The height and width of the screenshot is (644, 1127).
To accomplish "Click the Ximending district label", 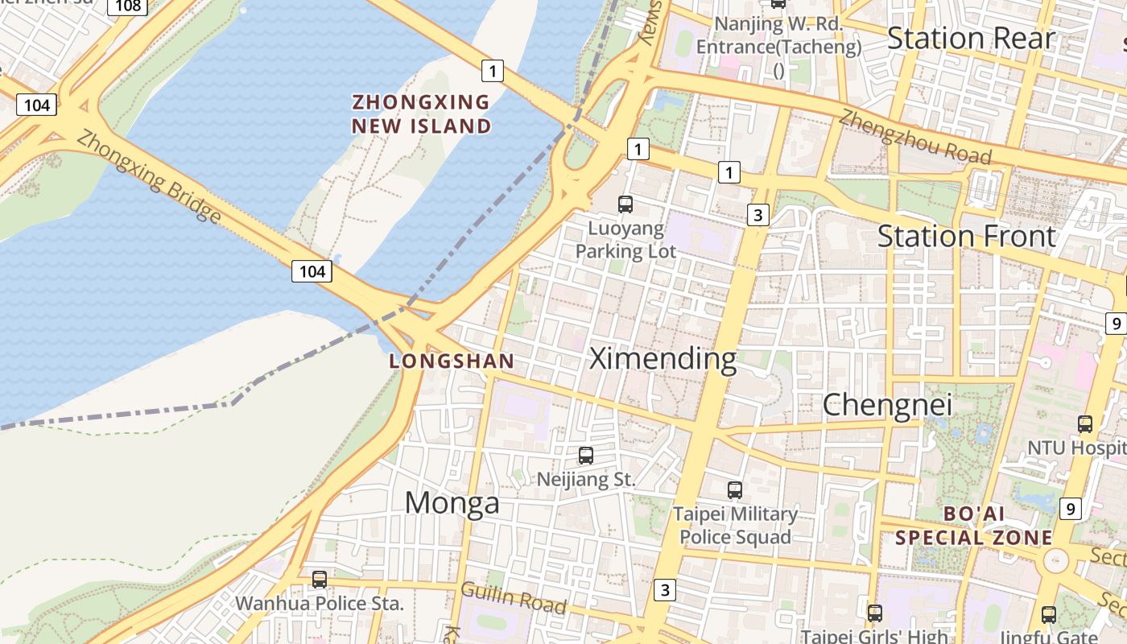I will (x=663, y=359).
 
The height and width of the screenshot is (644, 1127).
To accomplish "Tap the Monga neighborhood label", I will (x=452, y=503).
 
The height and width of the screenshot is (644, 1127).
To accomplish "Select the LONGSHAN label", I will (x=452, y=361).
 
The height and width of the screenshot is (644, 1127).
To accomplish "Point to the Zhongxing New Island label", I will (x=421, y=114).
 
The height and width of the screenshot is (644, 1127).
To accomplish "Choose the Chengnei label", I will (x=887, y=405).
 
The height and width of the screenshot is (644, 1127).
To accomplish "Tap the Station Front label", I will (x=966, y=237).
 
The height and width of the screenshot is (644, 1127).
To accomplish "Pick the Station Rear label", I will (x=970, y=39).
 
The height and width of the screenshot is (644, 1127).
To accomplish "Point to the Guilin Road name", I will (x=514, y=597).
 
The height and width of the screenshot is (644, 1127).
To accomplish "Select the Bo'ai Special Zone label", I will (x=974, y=526).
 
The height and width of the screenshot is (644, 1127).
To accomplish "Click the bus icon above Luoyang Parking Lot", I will (x=625, y=204).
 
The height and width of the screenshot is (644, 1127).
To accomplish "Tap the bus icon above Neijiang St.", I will (x=586, y=456).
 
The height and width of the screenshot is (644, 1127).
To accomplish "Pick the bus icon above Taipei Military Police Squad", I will (x=734, y=489).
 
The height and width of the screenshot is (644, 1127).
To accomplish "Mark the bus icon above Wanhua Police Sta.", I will (x=320, y=579).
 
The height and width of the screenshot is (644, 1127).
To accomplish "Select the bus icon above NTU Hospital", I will (x=1085, y=423).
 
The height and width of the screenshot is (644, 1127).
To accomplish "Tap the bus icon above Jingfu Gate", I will (x=1049, y=615).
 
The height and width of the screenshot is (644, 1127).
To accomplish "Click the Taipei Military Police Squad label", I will (x=735, y=525).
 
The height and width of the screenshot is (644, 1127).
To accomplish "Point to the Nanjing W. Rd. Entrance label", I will (x=778, y=35).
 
